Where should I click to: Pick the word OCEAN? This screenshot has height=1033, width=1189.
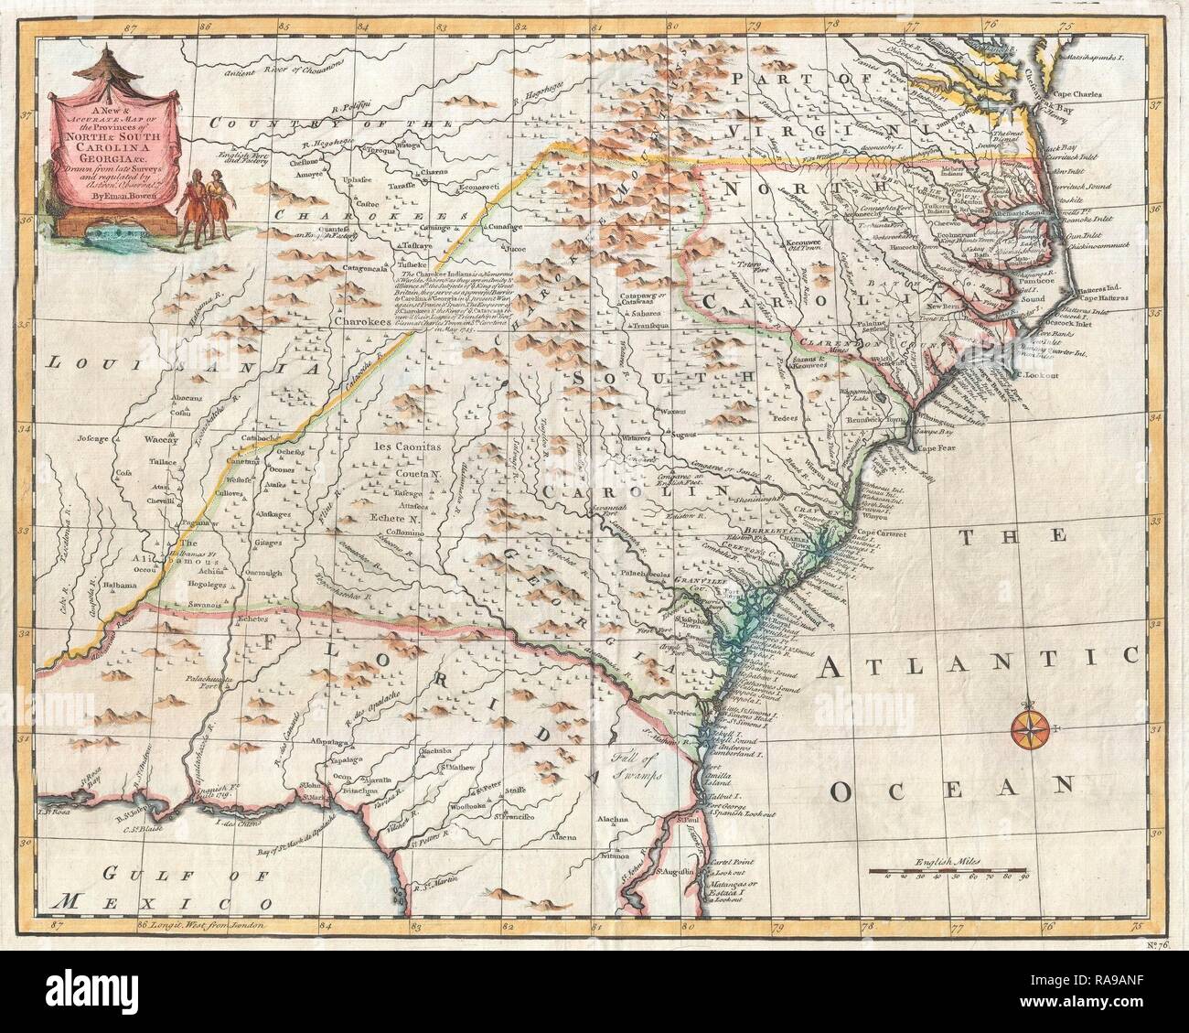click(x=946, y=785)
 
